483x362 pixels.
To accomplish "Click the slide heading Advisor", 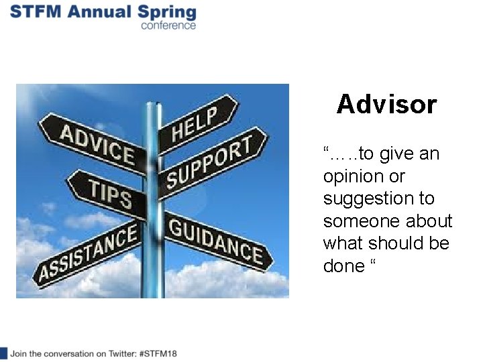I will click(386, 105).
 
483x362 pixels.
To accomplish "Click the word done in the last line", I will click(343, 266).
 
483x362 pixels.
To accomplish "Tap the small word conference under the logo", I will click(168, 26).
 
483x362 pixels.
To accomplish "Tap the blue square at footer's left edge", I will click(3, 353).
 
